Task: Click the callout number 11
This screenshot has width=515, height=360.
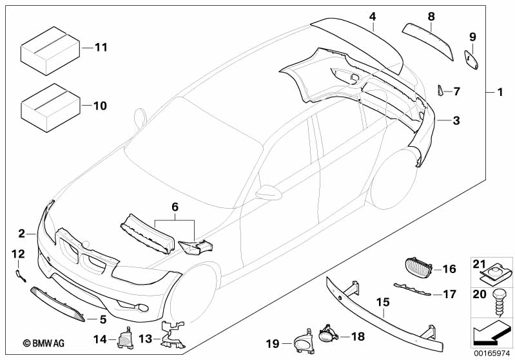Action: (x=101, y=48)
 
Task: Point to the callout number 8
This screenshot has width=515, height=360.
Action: (x=431, y=15)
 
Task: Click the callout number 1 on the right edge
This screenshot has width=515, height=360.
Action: (x=498, y=91)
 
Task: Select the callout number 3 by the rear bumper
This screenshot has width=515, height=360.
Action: (x=456, y=120)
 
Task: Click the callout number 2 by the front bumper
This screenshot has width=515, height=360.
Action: (x=21, y=233)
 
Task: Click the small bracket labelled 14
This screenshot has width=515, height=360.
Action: (x=124, y=336)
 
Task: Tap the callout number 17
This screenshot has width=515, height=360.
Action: (x=449, y=294)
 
